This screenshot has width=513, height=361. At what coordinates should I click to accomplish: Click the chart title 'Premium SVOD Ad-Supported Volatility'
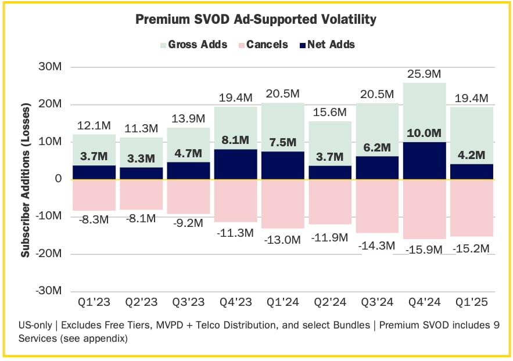click(256, 20)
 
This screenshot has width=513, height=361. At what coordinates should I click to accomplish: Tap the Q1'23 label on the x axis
click(94, 303)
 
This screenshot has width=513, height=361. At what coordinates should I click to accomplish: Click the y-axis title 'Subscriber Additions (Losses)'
click(26, 179)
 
